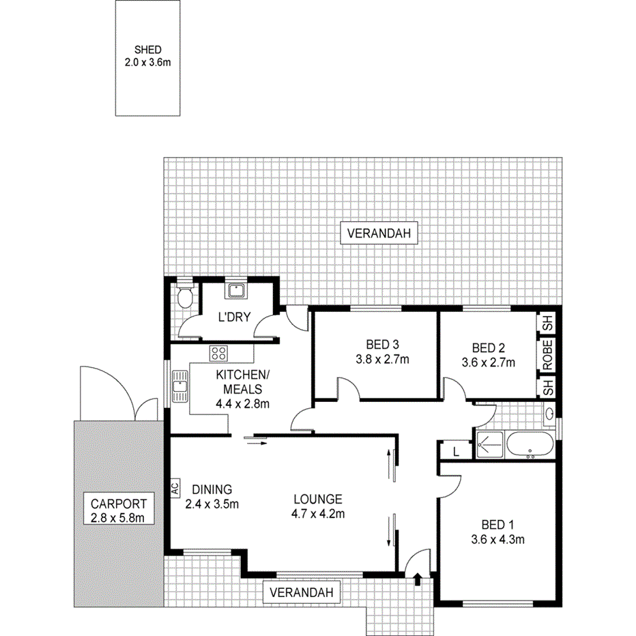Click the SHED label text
148,50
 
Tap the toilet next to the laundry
182,297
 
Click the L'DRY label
231,317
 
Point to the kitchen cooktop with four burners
219,353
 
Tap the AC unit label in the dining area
175,489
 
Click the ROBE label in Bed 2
548,354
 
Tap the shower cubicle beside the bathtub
489,444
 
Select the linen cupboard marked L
456,450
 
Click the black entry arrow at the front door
417,579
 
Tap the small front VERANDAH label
302,593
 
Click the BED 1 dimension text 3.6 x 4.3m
497,540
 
